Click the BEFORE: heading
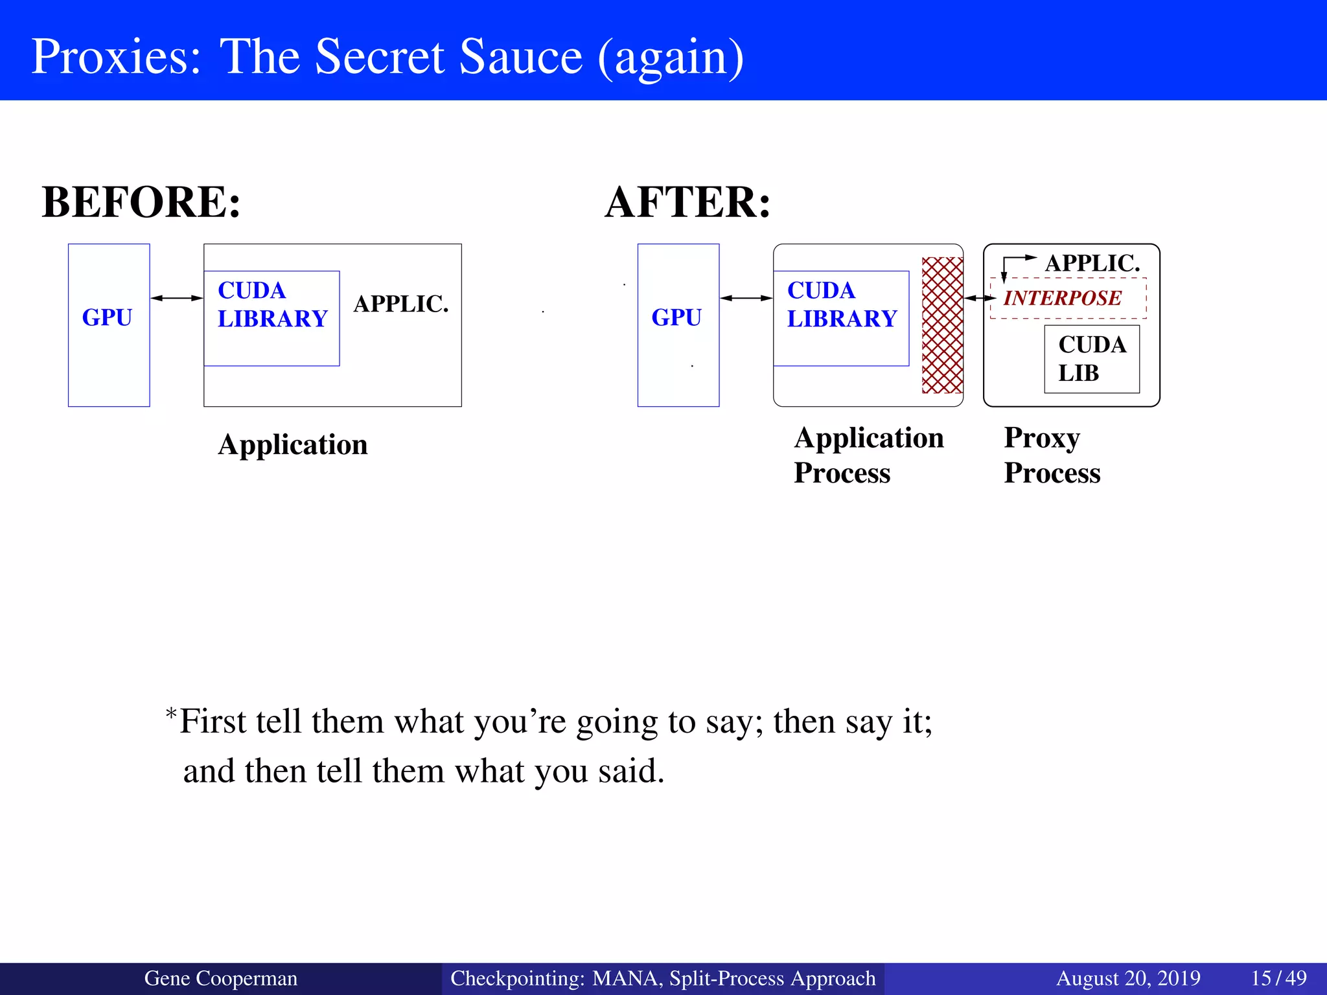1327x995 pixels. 141,202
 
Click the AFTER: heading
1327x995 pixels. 687,202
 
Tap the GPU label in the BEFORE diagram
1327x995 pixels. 107,317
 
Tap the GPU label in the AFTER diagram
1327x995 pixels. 676,317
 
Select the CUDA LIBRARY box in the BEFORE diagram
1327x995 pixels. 271,318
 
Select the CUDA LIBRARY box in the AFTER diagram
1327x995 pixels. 841,318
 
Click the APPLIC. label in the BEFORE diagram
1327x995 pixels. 401,304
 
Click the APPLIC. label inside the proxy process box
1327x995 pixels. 1092,263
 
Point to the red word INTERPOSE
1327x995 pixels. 1063,298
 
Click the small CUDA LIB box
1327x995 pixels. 1092,359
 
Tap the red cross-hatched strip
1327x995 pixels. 942,325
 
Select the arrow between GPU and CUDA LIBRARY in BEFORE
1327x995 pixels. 177,298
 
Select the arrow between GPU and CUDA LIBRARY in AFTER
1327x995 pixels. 746,298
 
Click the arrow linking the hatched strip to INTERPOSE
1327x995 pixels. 980,298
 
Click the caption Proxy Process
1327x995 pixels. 1052,455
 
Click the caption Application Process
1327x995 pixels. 868,455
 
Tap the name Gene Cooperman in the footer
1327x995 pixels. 220,978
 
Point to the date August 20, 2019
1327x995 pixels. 1128,978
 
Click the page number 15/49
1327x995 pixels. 1278,978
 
